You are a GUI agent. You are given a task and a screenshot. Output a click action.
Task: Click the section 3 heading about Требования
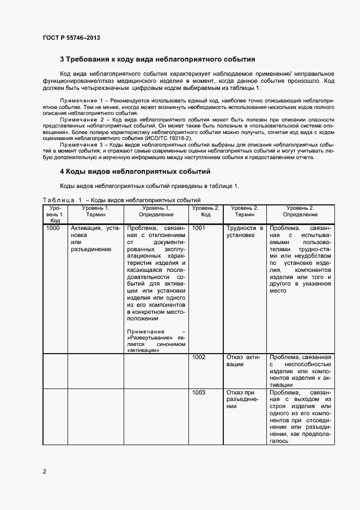point(157,59)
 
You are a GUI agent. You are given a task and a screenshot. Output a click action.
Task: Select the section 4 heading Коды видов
point(135,172)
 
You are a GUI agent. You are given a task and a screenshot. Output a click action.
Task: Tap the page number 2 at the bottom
point(44,471)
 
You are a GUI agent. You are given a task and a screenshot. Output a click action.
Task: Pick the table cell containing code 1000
point(53,228)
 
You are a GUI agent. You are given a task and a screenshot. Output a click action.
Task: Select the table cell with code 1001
point(199,228)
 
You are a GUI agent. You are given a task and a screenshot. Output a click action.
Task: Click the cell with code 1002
point(199,357)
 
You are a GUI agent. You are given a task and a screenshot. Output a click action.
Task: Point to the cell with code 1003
point(199,392)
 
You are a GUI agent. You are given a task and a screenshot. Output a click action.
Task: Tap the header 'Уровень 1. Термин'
point(95,211)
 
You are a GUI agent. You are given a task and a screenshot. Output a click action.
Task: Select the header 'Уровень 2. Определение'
point(300,211)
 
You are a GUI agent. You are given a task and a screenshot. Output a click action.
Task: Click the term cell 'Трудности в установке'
point(245,232)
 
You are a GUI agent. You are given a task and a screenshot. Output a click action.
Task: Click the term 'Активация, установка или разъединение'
point(95,239)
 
